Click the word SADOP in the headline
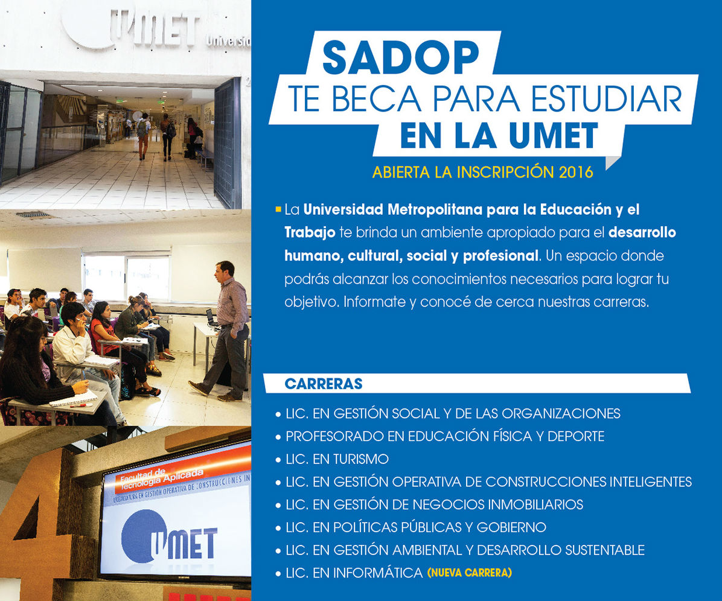401,57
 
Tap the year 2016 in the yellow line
575,172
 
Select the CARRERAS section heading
323,384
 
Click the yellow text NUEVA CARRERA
470,573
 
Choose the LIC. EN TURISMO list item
337,459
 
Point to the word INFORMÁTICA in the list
378,573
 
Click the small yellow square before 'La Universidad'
278,209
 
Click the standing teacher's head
224,270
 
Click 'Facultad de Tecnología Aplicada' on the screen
161,479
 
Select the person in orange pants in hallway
144,137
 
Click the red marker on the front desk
81,405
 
